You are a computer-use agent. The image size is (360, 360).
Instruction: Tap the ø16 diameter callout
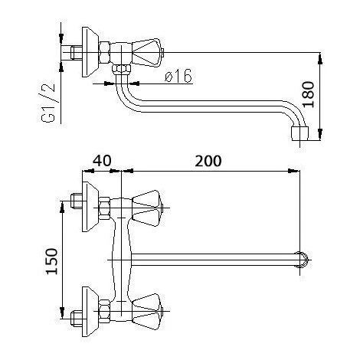click(x=177, y=76)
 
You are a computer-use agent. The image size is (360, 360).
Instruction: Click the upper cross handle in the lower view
click(x=150, y=203)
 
